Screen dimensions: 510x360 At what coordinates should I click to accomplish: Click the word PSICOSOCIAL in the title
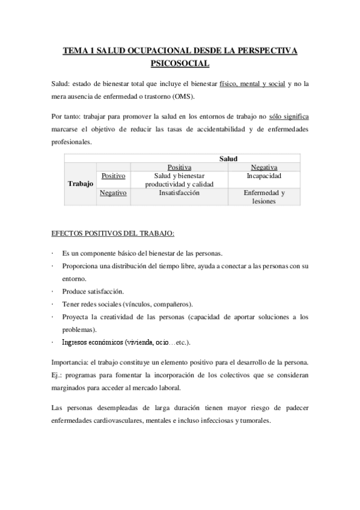point(180,62)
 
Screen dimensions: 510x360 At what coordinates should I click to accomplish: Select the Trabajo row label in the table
point(81,184)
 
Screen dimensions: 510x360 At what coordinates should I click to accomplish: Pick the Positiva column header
point(179,167)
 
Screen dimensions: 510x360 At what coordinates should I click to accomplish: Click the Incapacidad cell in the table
point(264,176)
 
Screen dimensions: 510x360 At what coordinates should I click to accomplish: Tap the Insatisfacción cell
point(179,193)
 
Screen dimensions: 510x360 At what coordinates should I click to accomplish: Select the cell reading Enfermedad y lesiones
point(264,197)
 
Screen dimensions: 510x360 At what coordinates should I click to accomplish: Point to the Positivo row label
point(114,176)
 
